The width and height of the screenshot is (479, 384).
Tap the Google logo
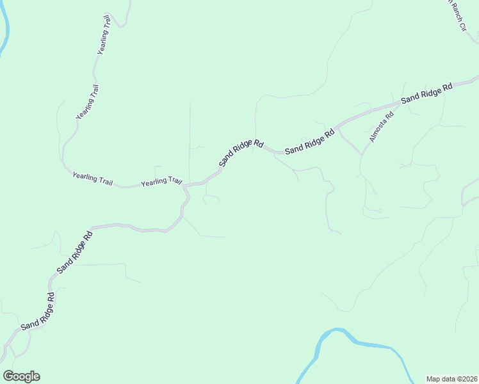click(21, 376)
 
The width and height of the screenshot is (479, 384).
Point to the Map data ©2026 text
click(452, 379)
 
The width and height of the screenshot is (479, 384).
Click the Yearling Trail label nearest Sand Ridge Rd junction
click(161, 182)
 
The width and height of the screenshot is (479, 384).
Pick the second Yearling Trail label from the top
click(87, 102)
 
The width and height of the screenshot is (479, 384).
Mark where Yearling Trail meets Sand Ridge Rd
click(186, 186)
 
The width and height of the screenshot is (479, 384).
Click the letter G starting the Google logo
click(9, 376)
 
